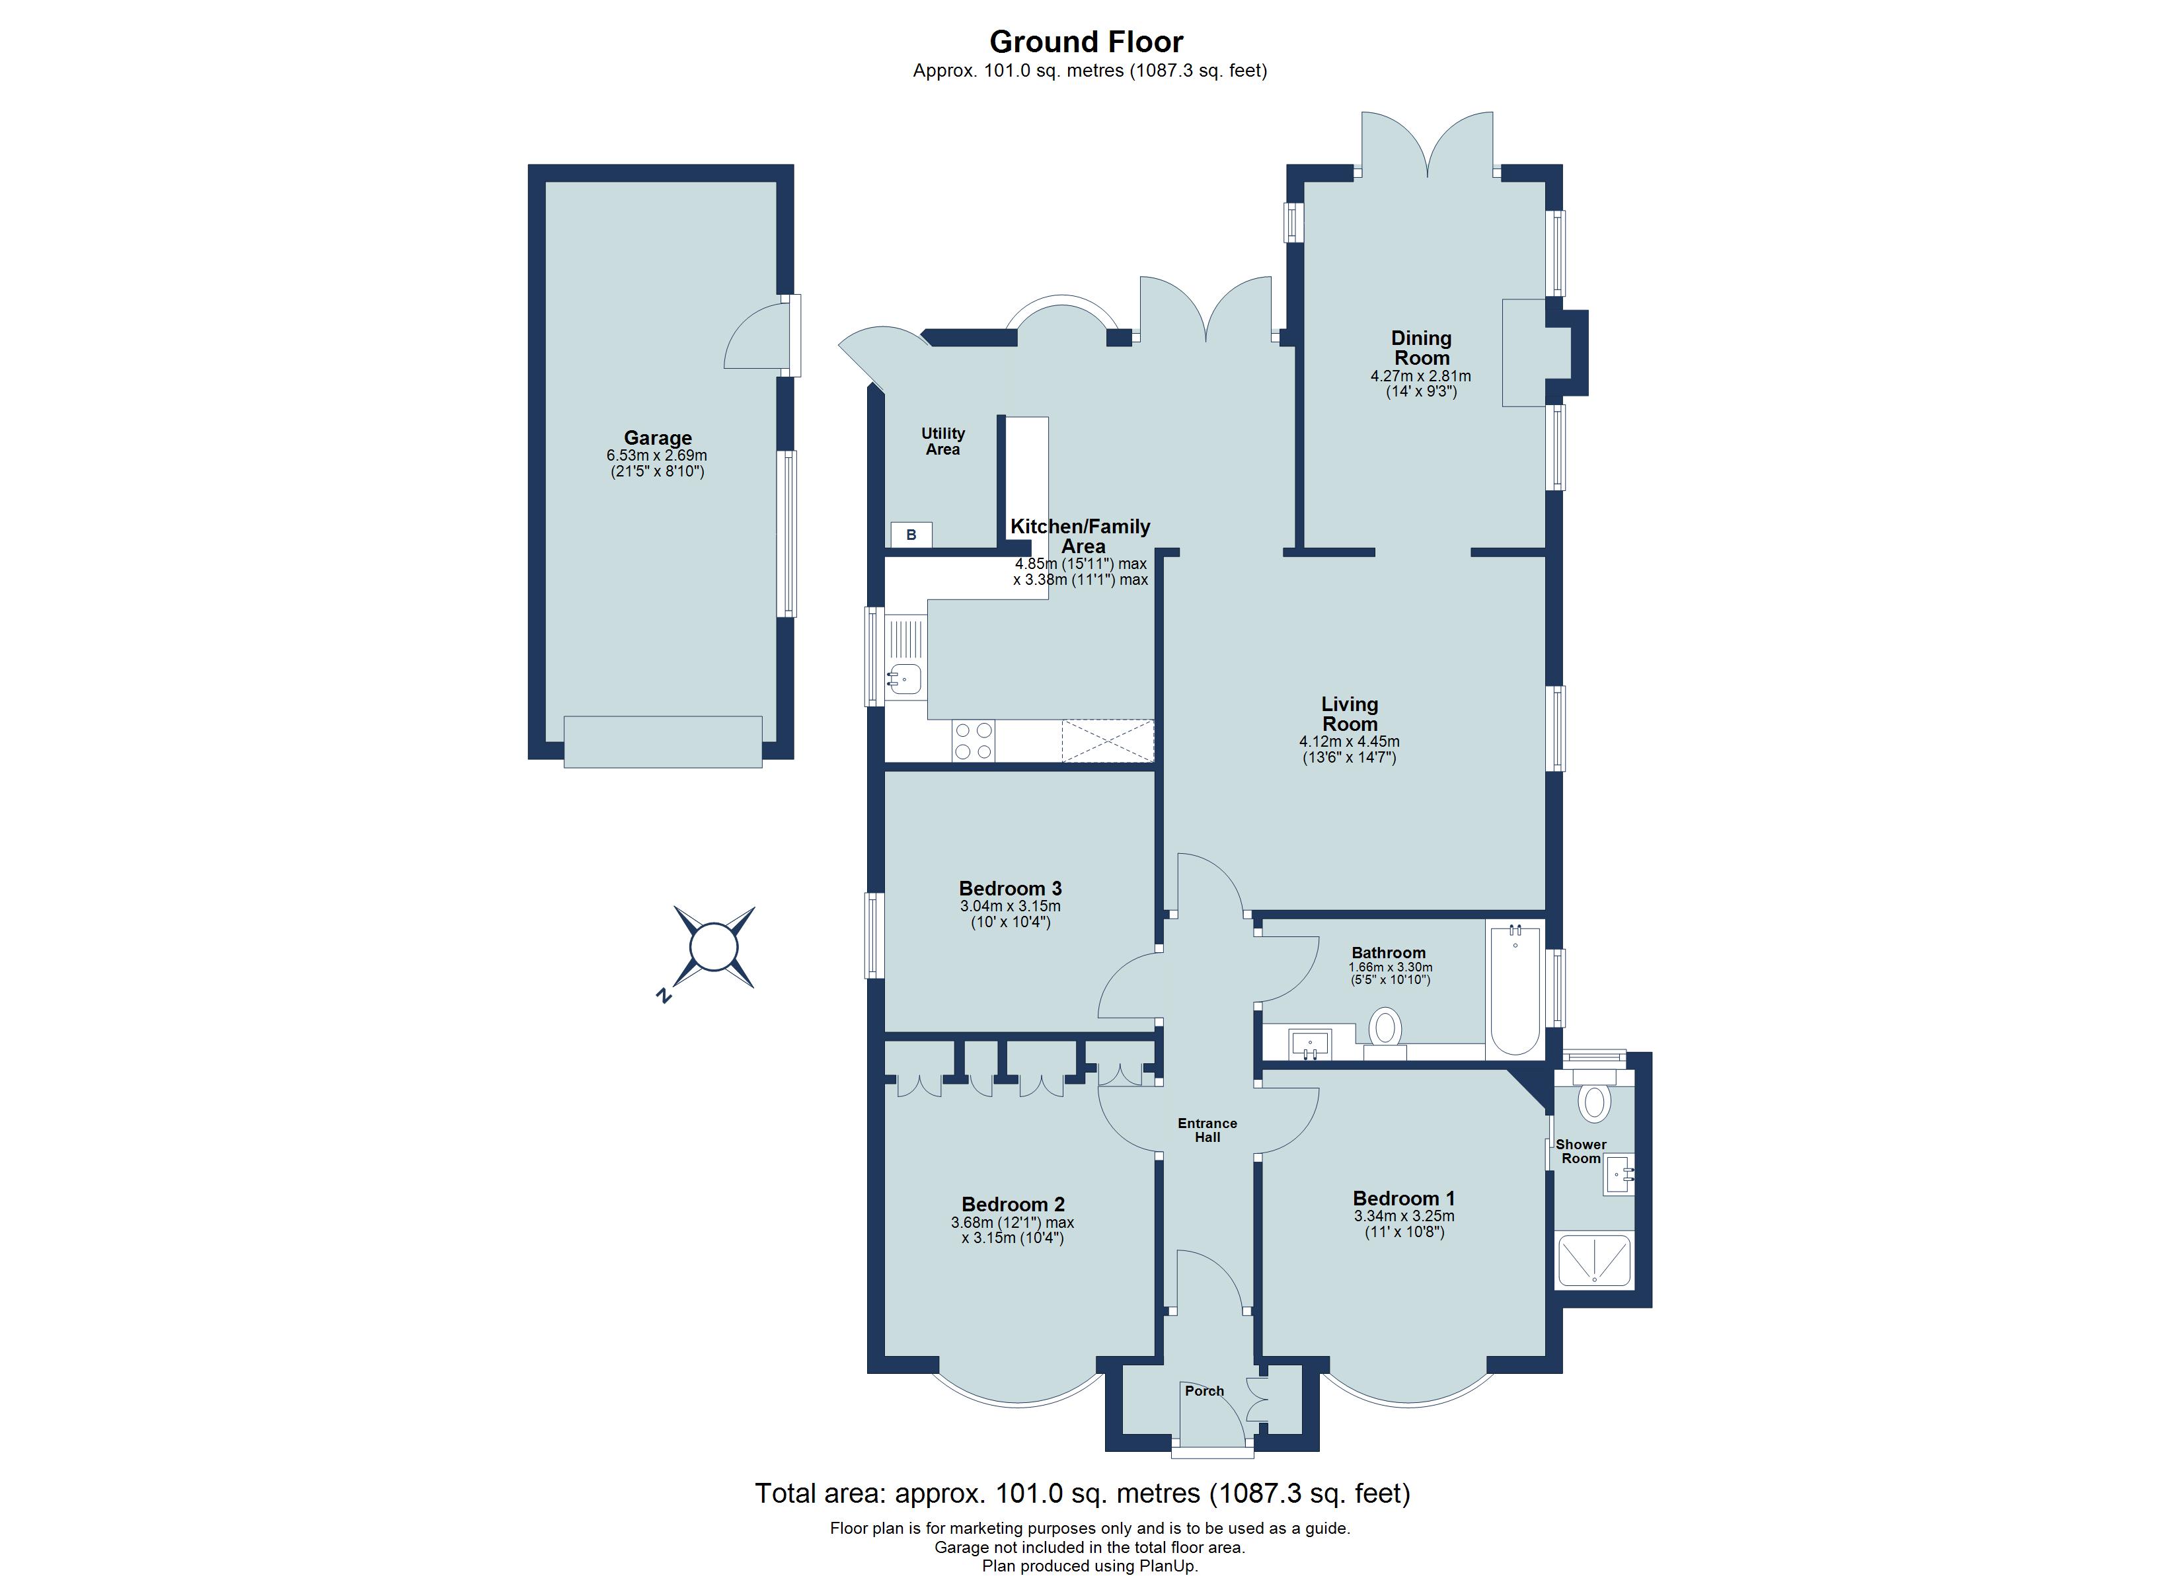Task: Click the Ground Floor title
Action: click(x=1086, y=42)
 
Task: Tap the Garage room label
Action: click(x=657, y=437)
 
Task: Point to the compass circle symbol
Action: click(x=714, y=948)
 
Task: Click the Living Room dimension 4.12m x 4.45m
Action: click(x=1348, y=741)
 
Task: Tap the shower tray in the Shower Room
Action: click(x=1594, y=1261)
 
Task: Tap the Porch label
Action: click(x=1204, y=1391)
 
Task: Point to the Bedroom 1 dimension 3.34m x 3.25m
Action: click(x=1403, y=1216)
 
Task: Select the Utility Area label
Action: click(x=942, y=441)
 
